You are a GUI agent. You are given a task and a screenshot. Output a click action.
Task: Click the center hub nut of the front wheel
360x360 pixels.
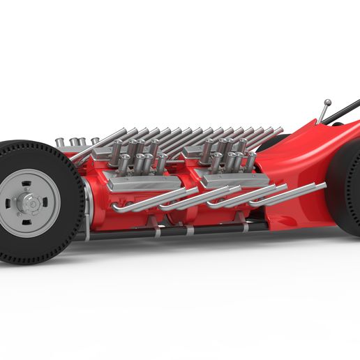pyautogui.click(x=31, y=203)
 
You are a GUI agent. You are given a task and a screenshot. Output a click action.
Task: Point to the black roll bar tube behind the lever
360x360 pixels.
pyautogui.click(x=345, y=110)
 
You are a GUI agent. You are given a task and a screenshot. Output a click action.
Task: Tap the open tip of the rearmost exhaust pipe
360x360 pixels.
pyautogui.click(x=322, y=185)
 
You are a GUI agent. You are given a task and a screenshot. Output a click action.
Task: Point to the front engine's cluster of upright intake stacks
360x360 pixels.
pyautogui.click(x=140, y=157)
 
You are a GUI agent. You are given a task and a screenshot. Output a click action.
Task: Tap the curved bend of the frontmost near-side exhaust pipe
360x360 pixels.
pyautogui.click(x=116, y=208)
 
